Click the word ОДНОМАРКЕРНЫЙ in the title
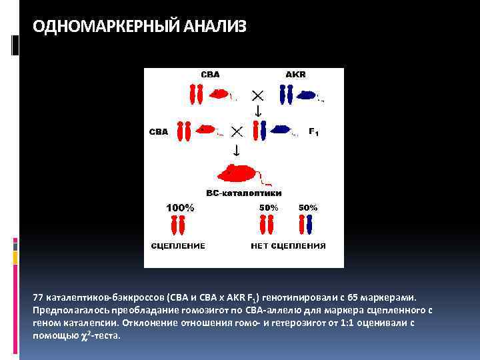point(98,27)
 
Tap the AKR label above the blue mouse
point(295,75)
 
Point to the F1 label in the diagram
point(313,132)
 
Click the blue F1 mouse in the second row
point(285,130)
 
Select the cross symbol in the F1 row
point(235,131)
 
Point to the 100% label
point(180,208)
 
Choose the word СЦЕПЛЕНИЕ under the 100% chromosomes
point(179,246)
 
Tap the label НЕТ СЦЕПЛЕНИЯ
point(288,246)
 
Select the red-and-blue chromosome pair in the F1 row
point(262,131)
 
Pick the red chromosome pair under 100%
point(178,225)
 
